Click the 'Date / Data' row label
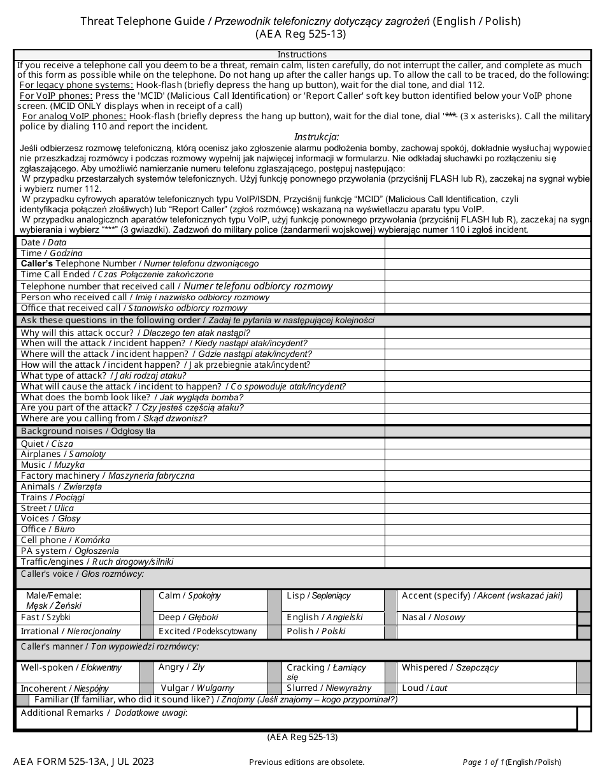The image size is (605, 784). pyautogui.click(x=43, y=242)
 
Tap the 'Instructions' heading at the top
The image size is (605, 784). pyautogui.click(x=302, y=54)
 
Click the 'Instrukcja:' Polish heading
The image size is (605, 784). pyautogui.click(x=317, y=136)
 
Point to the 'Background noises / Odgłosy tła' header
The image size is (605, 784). pyautogui.click(x=88, y=431)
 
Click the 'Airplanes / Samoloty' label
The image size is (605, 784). pyautogui.click(x=63, y=454)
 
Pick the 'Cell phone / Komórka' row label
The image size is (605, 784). pyautogui.click(x=65, y=540)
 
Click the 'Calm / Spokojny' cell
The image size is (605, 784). pyautogui.click(x=190, y=596)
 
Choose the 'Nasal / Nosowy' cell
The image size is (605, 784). pyautogui.click(x=434, y=617)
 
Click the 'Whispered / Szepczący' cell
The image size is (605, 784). pyautogui.click(x=450, y=667)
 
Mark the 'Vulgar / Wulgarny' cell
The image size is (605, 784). pyautogui.click(x=197, y=688)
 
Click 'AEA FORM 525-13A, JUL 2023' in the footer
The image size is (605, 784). pyautogui.click(x=83, y=761)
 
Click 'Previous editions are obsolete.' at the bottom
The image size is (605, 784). pyautogui.click(x=307, y=762)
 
